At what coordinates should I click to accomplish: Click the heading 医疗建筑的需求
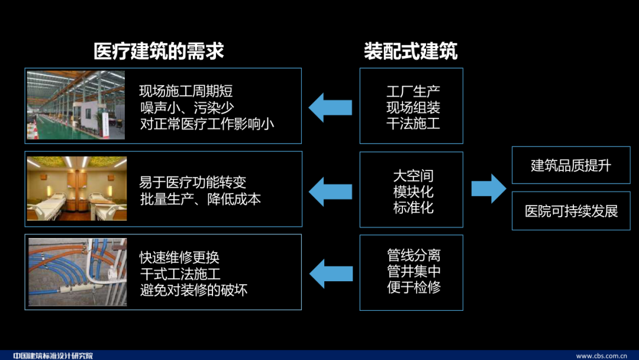tap(159, 52)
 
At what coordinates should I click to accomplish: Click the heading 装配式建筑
tap(411, 52)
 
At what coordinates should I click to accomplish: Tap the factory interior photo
tap(76, 105)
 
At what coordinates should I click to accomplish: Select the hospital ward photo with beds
tap(77, 188)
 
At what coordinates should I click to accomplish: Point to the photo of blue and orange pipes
tap(77, 272)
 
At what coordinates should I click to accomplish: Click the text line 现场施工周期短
tap(186, 91)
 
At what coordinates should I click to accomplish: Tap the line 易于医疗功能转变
tap(192, 182)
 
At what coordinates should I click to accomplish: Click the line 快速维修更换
tap(179, 258)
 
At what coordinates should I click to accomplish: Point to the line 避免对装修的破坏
tap(193, 290)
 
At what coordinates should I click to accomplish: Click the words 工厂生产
tap(413, 92)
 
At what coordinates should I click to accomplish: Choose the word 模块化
tap(413, 192)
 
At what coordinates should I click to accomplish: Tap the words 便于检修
tap(413, 288)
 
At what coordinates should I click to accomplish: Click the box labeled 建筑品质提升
tap(570, 165)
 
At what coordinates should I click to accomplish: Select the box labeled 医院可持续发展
tap(570, 211)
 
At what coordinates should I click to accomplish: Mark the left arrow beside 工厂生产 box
tap(330, 107)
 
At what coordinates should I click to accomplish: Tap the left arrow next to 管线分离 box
tap(330, 272)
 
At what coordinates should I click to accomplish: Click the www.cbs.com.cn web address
tap(601, 356)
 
